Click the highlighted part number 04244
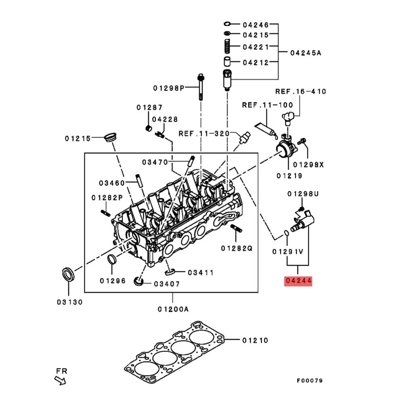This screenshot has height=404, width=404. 298,281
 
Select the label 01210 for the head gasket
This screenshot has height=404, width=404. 255,340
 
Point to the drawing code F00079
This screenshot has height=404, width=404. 310,381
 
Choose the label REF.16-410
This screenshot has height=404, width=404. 301,92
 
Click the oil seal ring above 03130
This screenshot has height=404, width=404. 67,274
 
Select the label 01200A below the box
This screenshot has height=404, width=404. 173,309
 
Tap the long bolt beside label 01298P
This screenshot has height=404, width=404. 200,86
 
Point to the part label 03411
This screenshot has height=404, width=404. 200,272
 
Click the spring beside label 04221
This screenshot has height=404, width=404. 227,47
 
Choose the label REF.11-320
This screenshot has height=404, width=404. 204,134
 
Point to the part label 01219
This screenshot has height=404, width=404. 289,176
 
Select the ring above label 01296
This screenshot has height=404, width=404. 113,260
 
